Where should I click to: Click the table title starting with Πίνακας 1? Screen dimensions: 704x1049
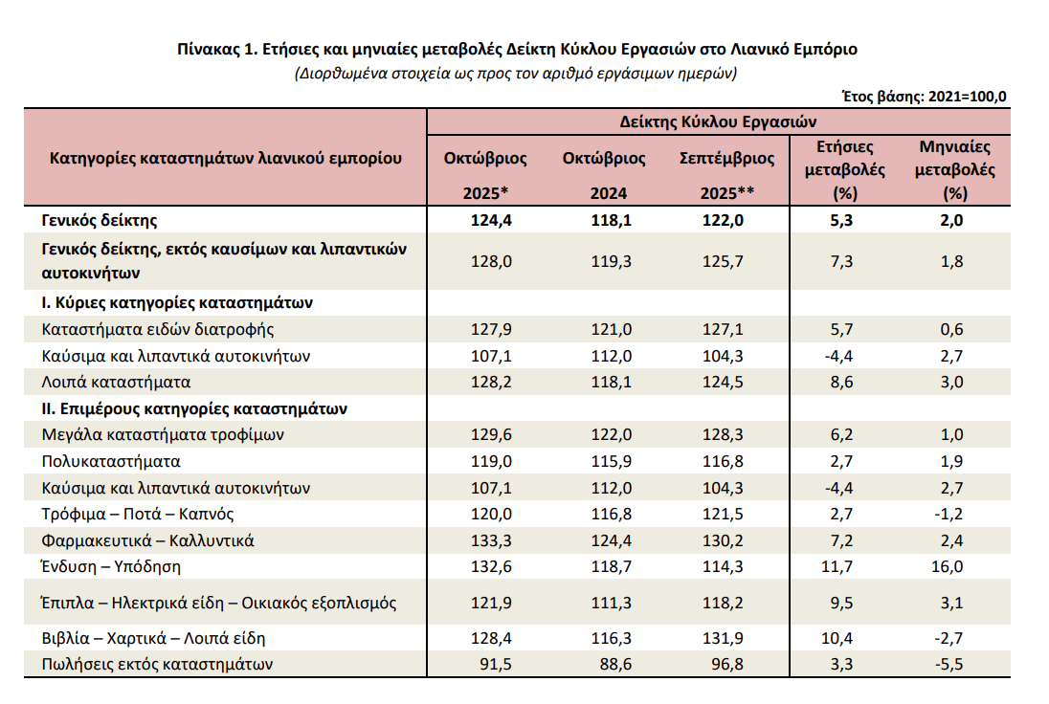coord(517,49)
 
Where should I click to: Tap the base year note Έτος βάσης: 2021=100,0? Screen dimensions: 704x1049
coord(924,97)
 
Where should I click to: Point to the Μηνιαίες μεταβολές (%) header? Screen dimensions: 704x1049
coord(954,169)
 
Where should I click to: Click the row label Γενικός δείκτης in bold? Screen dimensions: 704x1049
coord(99,220)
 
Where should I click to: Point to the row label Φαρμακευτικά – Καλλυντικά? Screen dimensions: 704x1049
coord(147,540)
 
